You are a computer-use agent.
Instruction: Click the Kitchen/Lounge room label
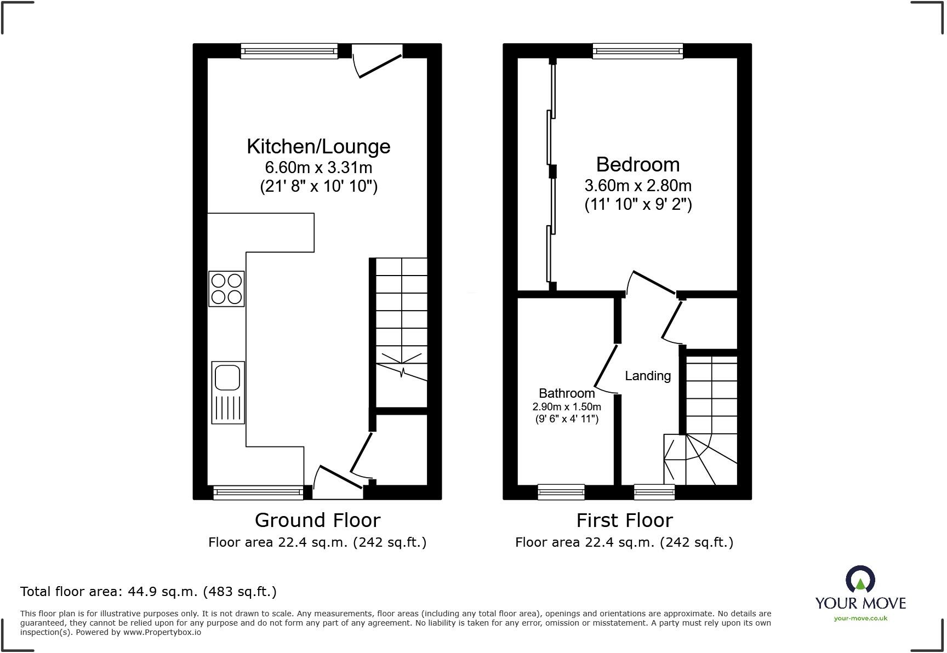(x=318, y=146)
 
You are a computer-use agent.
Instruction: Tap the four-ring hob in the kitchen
(x=226, y=289)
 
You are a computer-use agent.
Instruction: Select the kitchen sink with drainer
(x=228, y=392)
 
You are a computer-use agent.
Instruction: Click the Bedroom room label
(x=637, y=164)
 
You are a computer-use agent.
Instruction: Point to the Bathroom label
(x=567, y=393)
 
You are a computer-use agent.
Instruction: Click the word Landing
(x=648, y=376)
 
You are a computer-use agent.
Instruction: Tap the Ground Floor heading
(x=317, y=520)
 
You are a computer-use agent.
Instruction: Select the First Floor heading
(x=624, y=520)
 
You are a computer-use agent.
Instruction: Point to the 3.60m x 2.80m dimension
(x=638, y=185)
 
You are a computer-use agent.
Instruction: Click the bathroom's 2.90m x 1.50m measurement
(x=567, y=407)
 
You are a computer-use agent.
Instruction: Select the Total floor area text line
(x=149, y=592)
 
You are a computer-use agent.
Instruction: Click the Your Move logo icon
(x=860, y=579)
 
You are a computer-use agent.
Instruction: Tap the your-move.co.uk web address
(x=860, y=618)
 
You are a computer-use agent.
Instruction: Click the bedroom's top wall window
(x=638, y=51)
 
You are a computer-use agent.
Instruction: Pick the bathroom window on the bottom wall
(x=561, y=491)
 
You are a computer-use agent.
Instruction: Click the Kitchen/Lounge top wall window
(x=289, y=51)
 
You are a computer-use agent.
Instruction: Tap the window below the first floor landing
(x=654, y=491)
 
